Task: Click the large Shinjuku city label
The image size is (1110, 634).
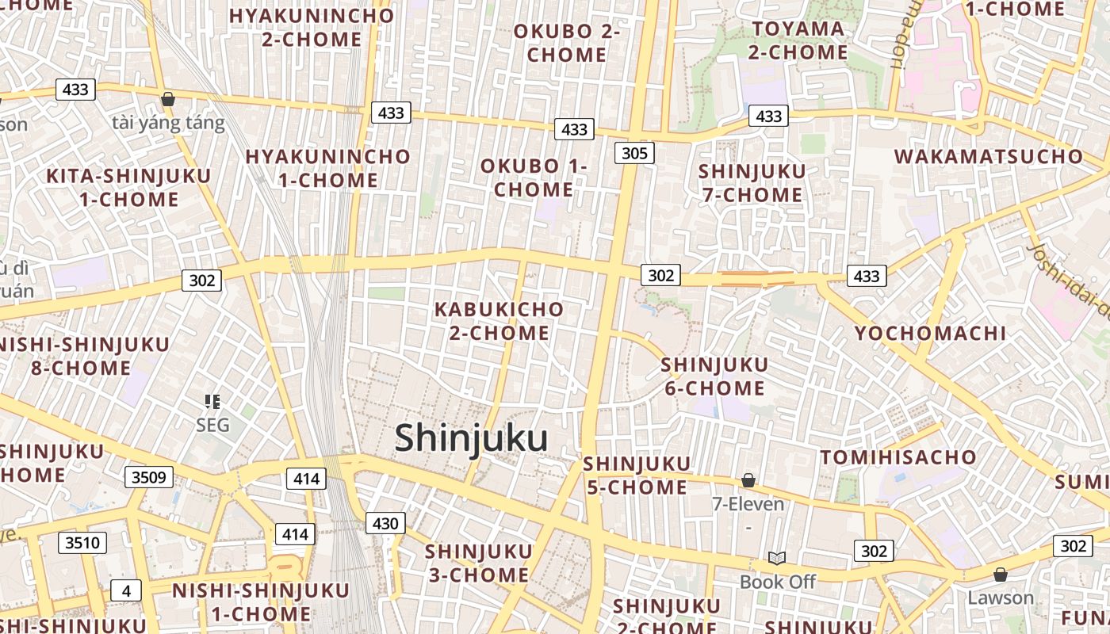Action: [471, 438]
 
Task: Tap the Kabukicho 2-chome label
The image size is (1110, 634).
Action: [499, 321]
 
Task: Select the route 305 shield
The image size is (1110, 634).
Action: [634, 153]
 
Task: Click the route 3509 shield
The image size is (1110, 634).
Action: [148, 477]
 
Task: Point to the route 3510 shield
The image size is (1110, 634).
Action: [82, 543]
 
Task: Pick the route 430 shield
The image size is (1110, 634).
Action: [385, 523]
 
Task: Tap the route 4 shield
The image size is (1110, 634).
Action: [125, 590]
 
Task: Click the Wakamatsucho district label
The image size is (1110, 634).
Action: [988, 156]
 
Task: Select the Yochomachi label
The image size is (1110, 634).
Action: [930, 334]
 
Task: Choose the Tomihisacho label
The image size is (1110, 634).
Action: [898, 457]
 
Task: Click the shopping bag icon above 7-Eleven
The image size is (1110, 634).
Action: [748, 480]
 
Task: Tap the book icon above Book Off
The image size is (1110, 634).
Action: [777, 559]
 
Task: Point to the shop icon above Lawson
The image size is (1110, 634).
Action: [1001, 574]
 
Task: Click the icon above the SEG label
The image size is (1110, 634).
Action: [212, 402]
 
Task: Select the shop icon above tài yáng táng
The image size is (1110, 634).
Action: [167, 99]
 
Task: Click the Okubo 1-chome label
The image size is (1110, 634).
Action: [533, 178]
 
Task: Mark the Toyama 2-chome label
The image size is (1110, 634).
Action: [798, 40]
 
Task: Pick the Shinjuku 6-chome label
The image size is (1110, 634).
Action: [714, 376]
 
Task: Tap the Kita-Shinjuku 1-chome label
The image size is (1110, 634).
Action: [128, 188]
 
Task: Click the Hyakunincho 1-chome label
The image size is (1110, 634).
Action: [327, 168]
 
